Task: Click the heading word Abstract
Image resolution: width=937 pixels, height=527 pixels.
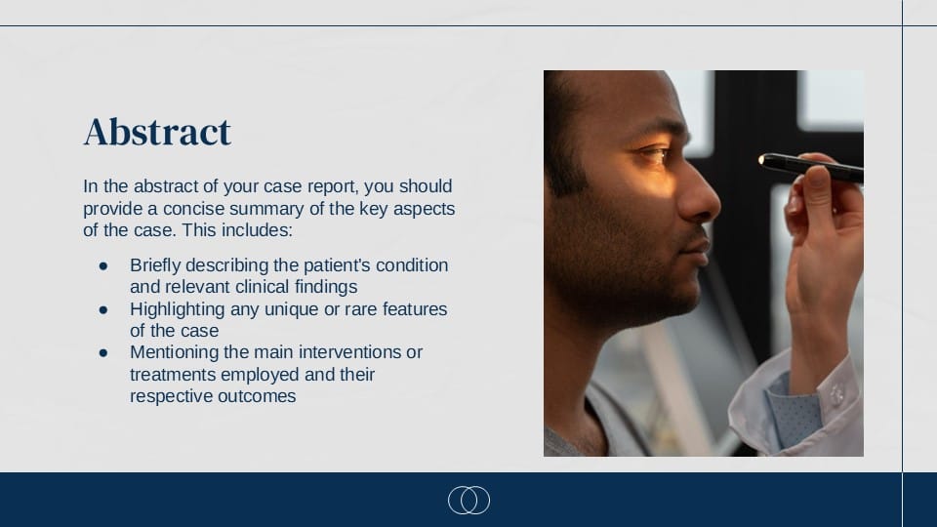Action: tap(157, 132)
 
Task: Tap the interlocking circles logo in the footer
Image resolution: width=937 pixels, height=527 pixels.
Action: tap(468, 500)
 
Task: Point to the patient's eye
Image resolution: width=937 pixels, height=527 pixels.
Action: tap(652, 153)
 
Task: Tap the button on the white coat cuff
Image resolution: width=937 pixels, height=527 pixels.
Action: tap(835, 393)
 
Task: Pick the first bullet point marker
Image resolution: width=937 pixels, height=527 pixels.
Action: tap(103, 265)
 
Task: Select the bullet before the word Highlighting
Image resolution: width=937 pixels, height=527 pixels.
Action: tap(103, 308)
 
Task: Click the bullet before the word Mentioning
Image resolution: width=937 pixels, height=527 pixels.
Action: tap(103, 351)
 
